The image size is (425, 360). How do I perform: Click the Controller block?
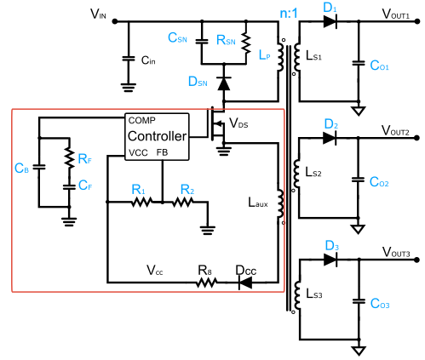click(157, 136)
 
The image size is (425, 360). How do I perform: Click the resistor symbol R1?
click(140, 203)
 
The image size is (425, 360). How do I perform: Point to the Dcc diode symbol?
click(244, 281)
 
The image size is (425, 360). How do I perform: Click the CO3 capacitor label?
click(381, 304)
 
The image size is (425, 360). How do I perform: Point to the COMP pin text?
click(141, 120)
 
